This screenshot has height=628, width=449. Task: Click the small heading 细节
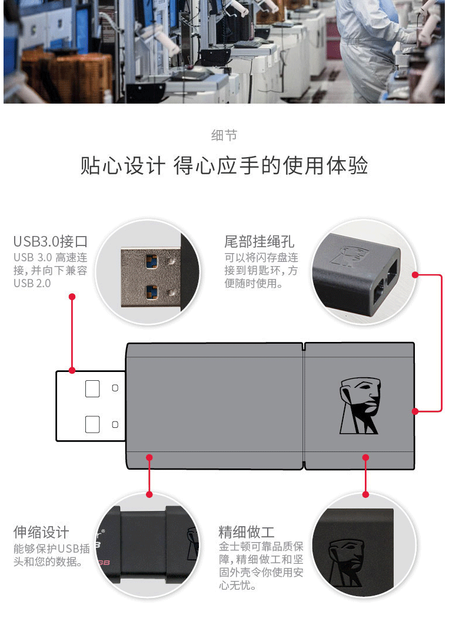coord(224,135)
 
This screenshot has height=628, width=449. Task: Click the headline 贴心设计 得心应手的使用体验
coord(224,166)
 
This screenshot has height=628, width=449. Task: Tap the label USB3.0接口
coord(51,241)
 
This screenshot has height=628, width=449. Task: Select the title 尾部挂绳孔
coord(259,241)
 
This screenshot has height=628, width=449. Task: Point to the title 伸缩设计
coord(41,532)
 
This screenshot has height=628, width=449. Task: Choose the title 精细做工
coord(247,532)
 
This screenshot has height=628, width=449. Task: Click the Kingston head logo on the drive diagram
coord(360,406)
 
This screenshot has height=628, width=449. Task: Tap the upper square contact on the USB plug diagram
coord(92,388)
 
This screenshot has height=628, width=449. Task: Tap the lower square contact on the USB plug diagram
coord(92,424)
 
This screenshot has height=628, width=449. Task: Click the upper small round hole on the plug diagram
coord(115,388)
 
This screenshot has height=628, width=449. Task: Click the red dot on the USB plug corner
coord(72,370)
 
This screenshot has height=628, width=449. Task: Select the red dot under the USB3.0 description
coord(72,297)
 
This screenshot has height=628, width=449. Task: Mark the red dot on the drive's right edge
coord(415,411)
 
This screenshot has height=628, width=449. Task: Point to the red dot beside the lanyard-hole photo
coord(415,275)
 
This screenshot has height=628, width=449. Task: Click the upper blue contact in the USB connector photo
coord(151,262)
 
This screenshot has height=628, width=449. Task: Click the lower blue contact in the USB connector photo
coord(151,292)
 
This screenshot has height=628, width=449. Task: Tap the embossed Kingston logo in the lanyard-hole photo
coord(350,257)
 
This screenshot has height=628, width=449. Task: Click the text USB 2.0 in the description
coord(32,283)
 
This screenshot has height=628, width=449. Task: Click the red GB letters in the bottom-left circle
coord(104,563)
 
